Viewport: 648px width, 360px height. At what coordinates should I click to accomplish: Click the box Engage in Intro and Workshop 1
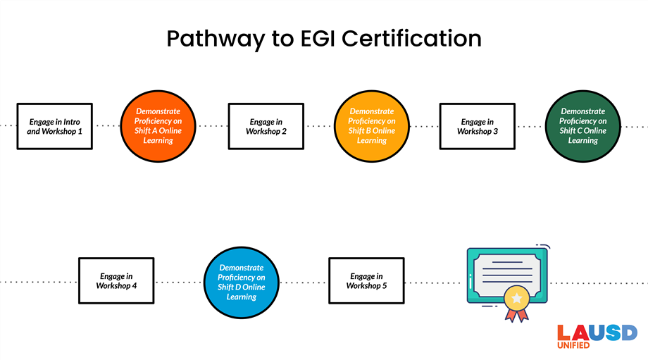coord(55,126)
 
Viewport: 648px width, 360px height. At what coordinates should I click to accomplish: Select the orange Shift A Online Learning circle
coord(158,126)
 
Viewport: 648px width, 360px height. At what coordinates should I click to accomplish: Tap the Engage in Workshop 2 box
coord(266,126)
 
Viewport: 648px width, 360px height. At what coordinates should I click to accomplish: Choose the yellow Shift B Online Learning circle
coord(371,126)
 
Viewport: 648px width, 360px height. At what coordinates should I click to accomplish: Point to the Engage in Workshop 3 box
coord(478,126)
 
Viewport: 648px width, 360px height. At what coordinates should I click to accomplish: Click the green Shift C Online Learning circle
coord(582,126)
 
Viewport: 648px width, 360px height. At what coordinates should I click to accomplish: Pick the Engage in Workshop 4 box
coord(116,280)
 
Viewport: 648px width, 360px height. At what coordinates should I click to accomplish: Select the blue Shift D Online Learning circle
coord(241,282)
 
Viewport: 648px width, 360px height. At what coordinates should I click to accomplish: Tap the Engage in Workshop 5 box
coord(366,280)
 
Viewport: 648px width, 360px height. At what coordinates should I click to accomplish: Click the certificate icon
coord(506,275)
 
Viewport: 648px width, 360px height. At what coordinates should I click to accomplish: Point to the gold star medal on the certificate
coord(516,299)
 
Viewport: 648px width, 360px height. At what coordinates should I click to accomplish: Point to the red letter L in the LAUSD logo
coord(563,333)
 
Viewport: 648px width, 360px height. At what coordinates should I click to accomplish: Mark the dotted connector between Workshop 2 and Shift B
coord(318,126)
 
